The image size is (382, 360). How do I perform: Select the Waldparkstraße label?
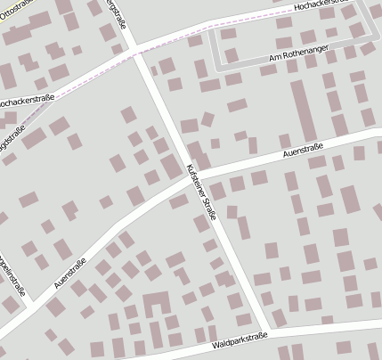(240, 340)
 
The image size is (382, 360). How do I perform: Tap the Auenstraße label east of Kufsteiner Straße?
(302, 151)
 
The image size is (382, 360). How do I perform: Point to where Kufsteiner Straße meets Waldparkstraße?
(271, 331)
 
